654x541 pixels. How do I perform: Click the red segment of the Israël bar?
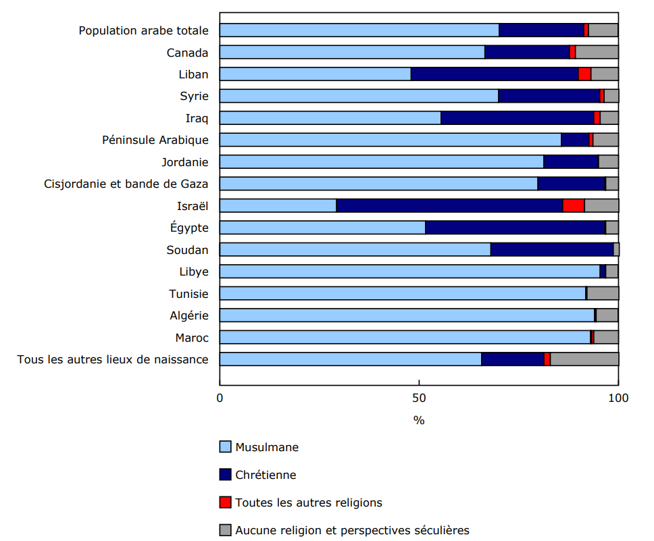574,206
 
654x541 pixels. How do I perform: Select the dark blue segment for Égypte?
515,228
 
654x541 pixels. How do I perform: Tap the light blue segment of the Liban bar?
315,74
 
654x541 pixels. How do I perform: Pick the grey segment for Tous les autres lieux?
584,359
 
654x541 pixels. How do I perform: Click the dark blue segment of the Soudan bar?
551,250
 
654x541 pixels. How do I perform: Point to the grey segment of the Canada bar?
597,53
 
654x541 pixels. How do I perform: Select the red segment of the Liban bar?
584,74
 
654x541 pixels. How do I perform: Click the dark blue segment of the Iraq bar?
517,118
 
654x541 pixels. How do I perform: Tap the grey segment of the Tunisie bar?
603,294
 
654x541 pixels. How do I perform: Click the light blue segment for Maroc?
405,337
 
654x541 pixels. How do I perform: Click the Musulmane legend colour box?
226,447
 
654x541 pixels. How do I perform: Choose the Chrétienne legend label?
266,475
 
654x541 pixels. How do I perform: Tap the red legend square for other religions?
226,503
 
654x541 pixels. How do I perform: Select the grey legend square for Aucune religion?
226,530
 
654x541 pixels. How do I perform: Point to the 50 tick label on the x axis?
419,398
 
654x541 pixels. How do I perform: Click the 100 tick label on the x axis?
618,398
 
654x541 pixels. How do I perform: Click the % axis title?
419,420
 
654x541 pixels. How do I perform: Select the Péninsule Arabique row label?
155,140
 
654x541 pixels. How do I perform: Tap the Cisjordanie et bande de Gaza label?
126,184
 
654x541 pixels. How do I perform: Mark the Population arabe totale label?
143,30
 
